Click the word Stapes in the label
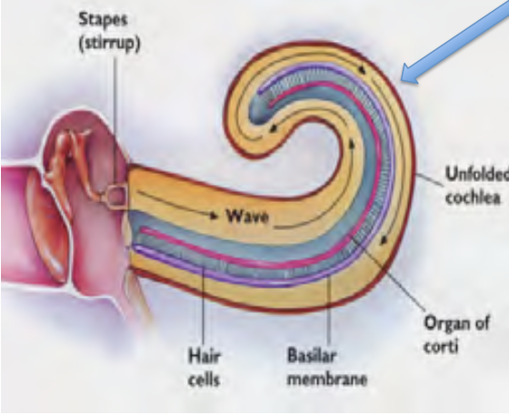click(x=104, y=20)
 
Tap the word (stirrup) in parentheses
click(x=110, y=44)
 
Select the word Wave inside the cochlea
click(x=248, y=216)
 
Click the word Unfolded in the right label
click(x=477, y=175)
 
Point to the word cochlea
click(x=473, y=197)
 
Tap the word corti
click(x=441, y=346)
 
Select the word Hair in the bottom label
click(x=205, y=356)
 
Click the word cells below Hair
click(x=204, y=379)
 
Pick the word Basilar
click(x=311, y=356)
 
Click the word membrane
click(x=327, y=379)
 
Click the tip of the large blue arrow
click(x=402, y=80)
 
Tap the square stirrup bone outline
click(x=116, y=196)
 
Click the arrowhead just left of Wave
click(x=214, y=215)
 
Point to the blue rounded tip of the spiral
click(x=259, y=110)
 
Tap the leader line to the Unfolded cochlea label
click(x=429, y=179)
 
